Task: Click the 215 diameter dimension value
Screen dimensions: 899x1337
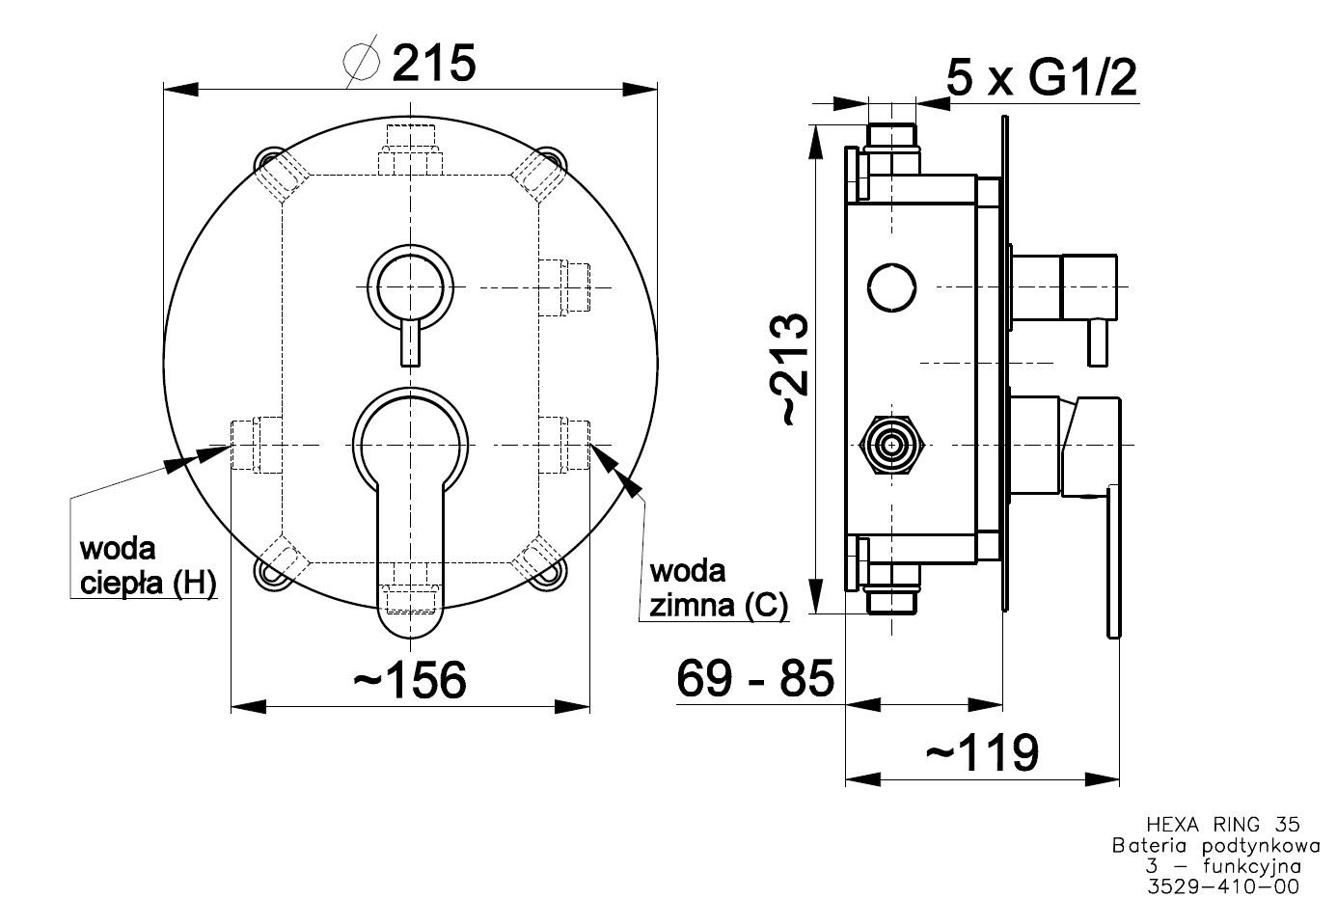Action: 434,64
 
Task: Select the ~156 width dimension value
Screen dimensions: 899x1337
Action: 410,680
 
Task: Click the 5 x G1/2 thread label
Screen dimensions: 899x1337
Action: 1042,76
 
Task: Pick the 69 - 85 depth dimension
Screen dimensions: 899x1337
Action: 754,679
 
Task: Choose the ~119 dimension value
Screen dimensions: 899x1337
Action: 982,752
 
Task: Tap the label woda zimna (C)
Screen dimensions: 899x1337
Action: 718,587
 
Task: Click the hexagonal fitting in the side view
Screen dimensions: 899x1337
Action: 892,445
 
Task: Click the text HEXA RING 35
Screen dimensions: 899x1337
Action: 1222,824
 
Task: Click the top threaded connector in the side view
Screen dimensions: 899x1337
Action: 892,136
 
